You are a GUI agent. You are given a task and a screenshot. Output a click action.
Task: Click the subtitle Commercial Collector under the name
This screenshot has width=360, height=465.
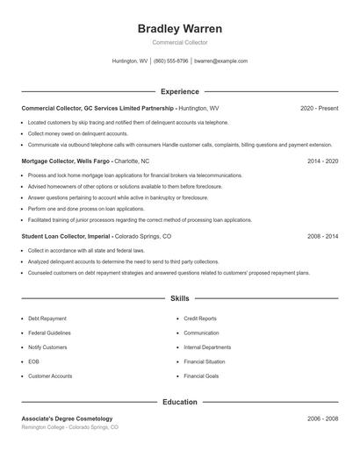180,42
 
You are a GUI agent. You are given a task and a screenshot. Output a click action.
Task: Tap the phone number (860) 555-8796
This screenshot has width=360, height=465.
171,61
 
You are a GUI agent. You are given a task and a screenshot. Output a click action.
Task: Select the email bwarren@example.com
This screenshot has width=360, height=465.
221,61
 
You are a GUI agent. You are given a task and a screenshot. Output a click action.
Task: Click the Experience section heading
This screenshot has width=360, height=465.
180,91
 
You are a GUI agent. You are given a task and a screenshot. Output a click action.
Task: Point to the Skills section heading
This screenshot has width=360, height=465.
180,299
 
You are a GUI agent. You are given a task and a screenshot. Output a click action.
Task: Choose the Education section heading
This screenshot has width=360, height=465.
180,402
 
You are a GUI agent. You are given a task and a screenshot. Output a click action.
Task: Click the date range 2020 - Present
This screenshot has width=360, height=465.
319,108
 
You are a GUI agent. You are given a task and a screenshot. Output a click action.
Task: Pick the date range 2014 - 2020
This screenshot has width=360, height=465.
322,161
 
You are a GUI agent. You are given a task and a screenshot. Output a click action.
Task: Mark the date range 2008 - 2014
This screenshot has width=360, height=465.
322,236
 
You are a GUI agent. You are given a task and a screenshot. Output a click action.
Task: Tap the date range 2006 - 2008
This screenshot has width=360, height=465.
322,418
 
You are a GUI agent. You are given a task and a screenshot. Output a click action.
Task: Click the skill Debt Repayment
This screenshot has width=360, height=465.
47,318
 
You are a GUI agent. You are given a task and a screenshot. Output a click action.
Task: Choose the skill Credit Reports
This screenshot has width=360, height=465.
200,318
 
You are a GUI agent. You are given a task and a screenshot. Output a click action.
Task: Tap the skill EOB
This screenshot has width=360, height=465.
33,361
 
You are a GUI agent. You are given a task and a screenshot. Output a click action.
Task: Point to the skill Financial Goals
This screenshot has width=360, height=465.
201,376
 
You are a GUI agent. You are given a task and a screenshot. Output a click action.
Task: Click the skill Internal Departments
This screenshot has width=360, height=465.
207,347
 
